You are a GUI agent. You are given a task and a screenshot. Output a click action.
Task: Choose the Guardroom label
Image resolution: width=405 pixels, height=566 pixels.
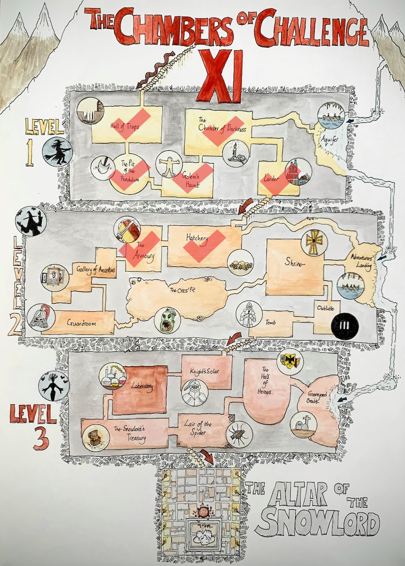(x=80, y=323)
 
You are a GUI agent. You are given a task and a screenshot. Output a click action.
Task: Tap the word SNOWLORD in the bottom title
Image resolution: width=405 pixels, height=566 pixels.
(x=320, y=522)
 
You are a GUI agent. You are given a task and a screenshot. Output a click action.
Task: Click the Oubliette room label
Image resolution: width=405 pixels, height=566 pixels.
(x=326, y=306)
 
